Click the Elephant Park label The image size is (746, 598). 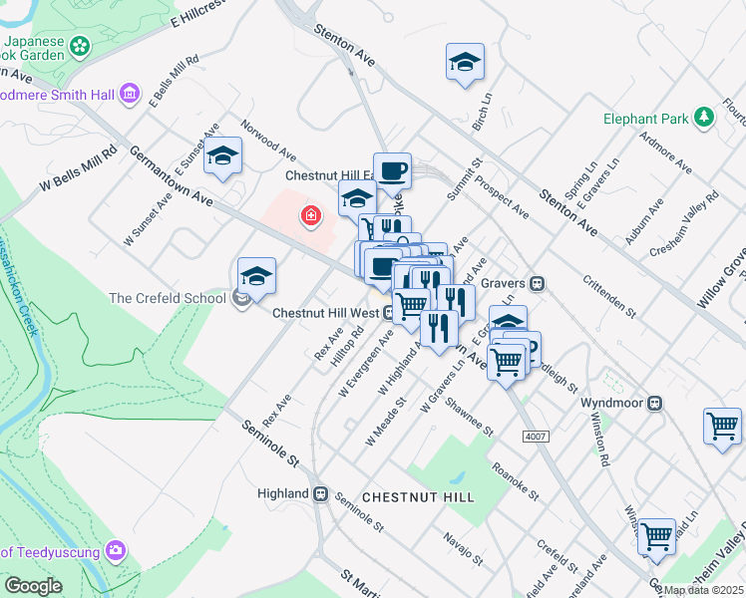(x=645, y=119)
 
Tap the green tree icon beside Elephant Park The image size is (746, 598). (x=704, y=119)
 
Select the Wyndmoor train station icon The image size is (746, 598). (x=655, y=404)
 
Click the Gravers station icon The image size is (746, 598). (x=538, y=283)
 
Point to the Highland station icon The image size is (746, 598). (x=321, y=493)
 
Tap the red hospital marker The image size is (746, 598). (x=312, y=215)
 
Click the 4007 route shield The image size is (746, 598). (x=535, y=436)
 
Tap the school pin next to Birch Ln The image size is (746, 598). (x=465, y=62)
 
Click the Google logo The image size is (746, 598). (x=34, y=586)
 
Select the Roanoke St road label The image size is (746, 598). (x=515, y=479)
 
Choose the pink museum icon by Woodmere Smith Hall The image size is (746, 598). (x=129, y=95)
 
